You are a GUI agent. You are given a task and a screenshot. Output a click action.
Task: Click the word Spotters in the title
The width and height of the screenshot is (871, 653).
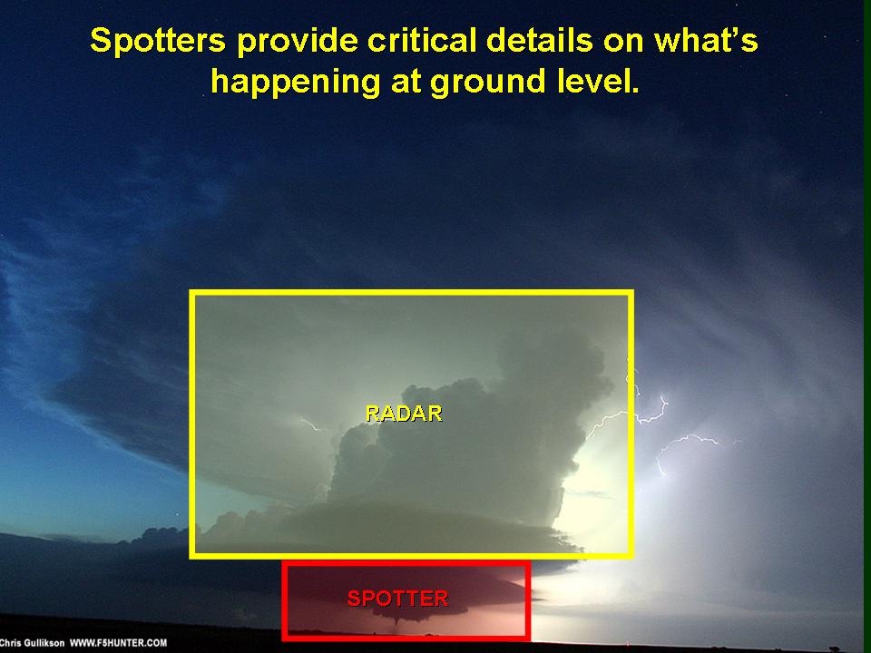(157, 40)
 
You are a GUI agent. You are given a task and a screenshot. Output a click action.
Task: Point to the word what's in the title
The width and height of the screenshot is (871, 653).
(706, 40)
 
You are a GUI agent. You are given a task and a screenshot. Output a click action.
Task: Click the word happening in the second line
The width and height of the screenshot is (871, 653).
(295, 83)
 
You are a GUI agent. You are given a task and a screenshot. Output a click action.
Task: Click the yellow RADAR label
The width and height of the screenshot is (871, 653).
(404, 414)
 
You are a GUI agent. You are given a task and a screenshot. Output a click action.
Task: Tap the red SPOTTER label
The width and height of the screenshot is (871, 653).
(397, 598)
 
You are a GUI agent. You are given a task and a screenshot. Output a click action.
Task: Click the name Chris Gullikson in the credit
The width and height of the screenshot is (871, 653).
(33, 643)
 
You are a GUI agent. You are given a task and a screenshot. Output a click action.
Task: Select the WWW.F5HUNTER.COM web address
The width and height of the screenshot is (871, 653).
(118, 643)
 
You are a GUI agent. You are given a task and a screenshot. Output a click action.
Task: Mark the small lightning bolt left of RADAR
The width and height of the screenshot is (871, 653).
(310, 424)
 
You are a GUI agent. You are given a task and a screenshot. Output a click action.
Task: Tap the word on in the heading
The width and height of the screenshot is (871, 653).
(623, 44)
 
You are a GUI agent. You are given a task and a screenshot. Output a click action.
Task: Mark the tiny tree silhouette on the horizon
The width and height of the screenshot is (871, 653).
(834, 648)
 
